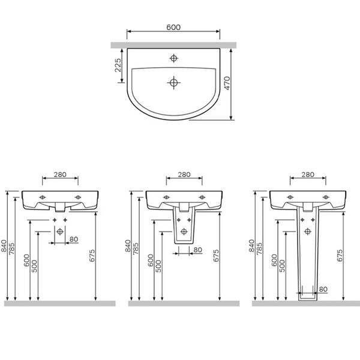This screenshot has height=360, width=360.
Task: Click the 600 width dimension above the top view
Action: point(173,28)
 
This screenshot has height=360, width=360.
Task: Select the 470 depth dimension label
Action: point(227,83)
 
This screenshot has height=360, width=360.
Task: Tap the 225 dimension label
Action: point(118,65)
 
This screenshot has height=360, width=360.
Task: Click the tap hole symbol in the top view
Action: point(174,58)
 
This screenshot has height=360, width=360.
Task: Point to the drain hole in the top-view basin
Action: point(174,82)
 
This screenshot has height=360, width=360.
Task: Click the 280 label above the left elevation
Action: point(60,175)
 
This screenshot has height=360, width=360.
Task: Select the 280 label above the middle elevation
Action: point(184,175)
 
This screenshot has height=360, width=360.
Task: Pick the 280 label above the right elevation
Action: point(308,175)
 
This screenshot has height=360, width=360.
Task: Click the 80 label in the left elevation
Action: point(74,239)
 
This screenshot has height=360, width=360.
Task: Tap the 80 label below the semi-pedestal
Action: point(197,250)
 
